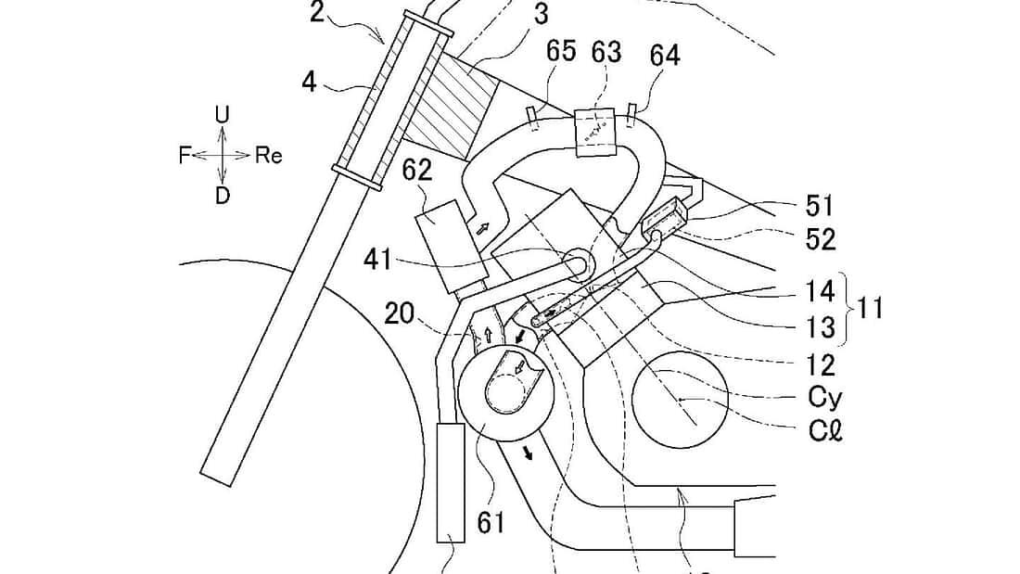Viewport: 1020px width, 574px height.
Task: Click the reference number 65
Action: tap(560, 52)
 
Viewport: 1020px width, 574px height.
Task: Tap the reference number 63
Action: tap(606, 52)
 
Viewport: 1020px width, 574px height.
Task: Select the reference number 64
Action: tap(664, 57)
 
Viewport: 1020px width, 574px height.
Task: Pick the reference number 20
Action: tap(401, 315)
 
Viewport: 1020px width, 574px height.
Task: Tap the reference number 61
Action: tap(491, 522)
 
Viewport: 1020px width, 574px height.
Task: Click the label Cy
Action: tap(822, 397)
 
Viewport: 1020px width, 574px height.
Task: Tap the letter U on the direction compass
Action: tap(222, 114)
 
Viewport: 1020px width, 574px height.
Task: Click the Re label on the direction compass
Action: tap(268, 156)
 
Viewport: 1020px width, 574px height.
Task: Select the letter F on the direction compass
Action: tap(185, 156)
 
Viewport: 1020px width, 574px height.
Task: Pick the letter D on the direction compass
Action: tap(222, 196)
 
